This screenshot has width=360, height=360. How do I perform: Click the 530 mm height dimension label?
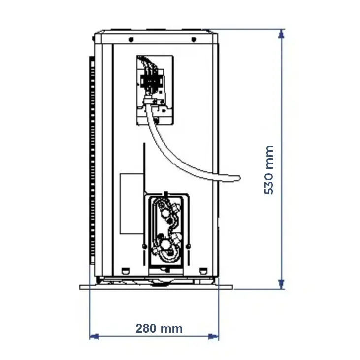point(269,170)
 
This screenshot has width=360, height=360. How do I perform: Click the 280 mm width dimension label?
point(159,328)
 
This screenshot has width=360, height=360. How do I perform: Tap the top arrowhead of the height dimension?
point(281,34)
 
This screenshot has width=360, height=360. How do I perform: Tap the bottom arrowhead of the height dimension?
point(281,284)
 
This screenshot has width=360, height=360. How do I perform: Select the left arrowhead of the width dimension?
point(94,337)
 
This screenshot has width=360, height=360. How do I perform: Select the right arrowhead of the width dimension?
point(214,337)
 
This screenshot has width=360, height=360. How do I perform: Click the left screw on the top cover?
point(131,40)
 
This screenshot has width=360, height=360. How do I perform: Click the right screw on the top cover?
point(194,40)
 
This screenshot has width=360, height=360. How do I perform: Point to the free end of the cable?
point(238,178)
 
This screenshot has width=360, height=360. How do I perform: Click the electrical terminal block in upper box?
point(152,80)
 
